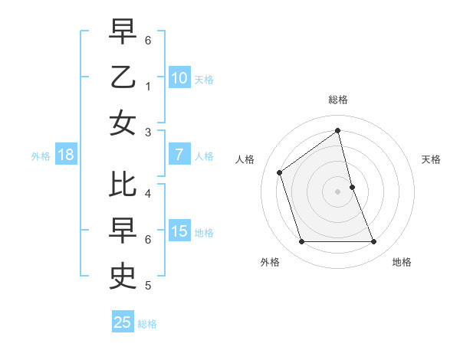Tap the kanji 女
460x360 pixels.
123,123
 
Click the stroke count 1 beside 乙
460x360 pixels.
148,87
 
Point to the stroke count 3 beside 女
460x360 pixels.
148,133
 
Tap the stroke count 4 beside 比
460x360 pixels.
148,194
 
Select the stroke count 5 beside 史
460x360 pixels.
148,286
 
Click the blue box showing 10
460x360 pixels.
179,77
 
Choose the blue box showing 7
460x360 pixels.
179,155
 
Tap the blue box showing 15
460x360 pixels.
179,231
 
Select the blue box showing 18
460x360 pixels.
66,155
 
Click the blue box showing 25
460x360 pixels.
123,322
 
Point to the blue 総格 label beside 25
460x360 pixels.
147,323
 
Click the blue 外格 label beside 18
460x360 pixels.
41,155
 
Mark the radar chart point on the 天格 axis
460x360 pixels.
352,186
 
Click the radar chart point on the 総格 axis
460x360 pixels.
338,130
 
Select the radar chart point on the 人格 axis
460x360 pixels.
280,172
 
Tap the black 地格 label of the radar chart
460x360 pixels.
402,262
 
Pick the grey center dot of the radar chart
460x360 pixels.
338,191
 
